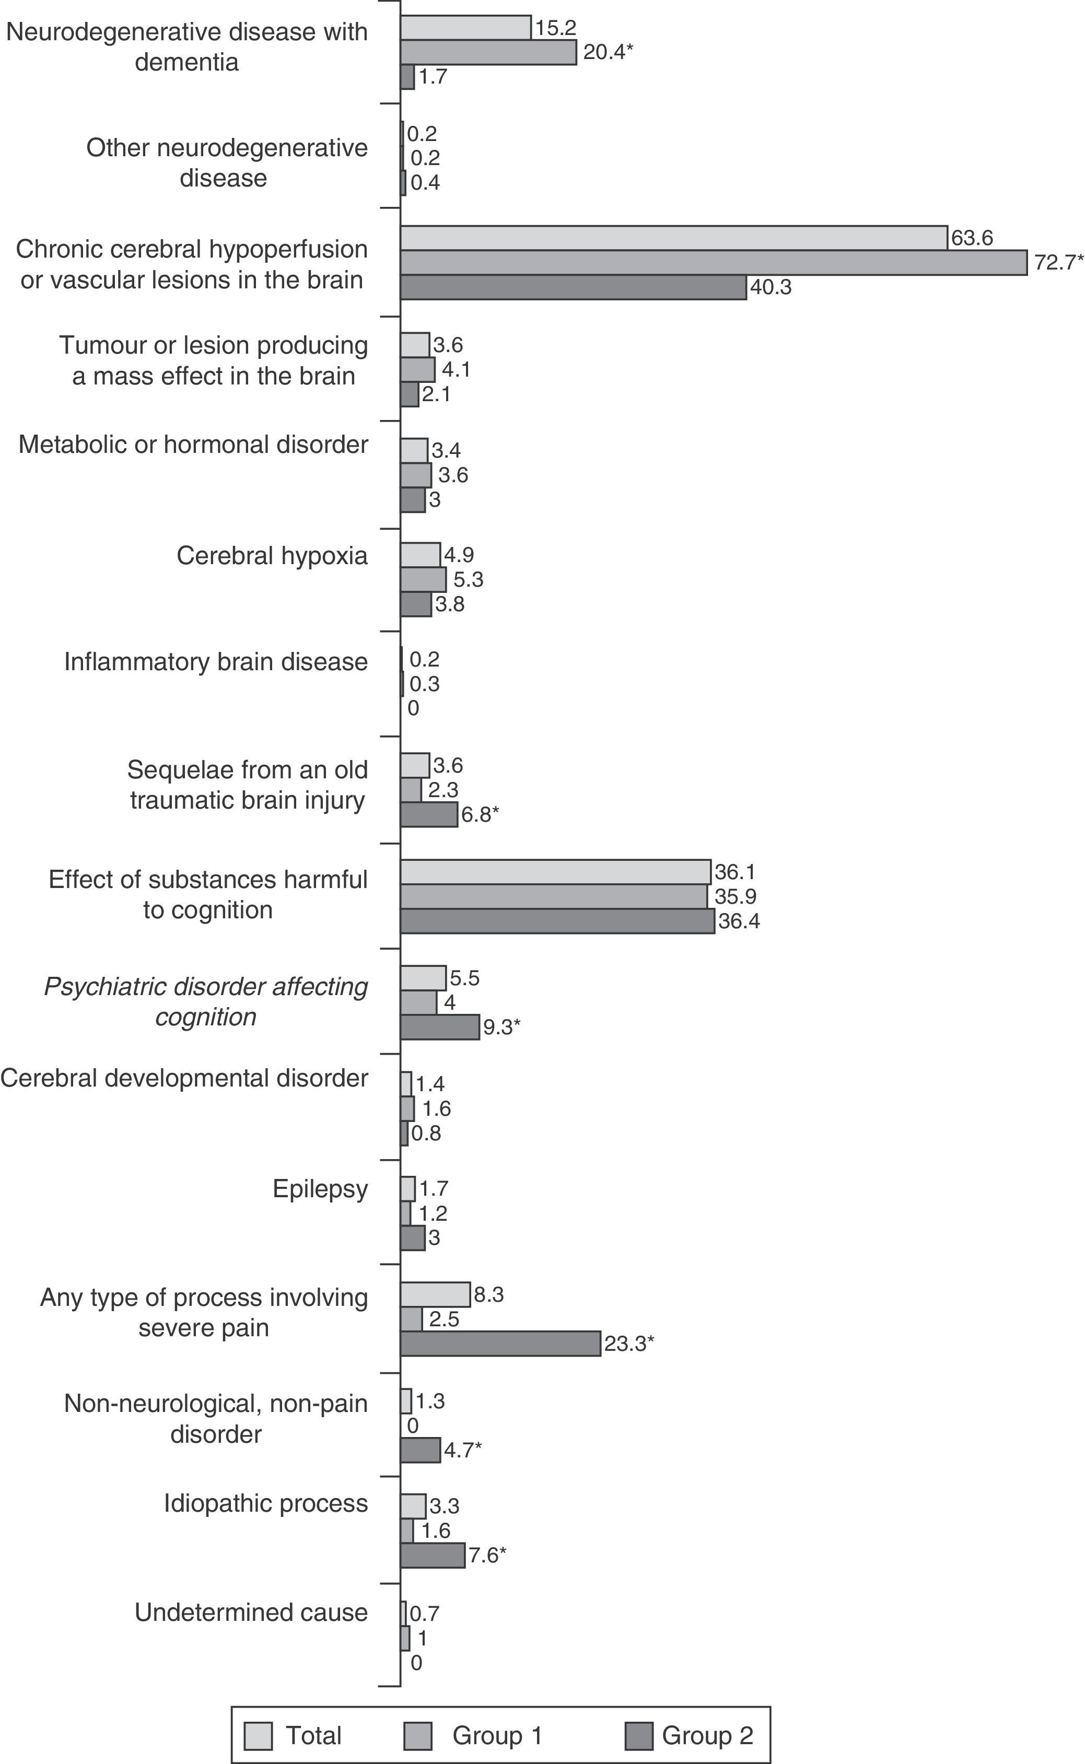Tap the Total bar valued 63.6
674,238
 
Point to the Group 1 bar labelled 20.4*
488,52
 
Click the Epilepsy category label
320,1189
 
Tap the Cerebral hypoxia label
272,555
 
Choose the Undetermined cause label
251,1612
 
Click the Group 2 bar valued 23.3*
500,1344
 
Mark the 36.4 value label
739,921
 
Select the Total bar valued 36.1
555,872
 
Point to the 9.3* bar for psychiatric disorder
440,1026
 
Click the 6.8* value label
480,815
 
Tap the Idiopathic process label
265,1503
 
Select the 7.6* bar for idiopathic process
433,1555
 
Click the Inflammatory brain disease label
216,661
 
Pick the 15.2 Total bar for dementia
466,28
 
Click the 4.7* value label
463,1450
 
